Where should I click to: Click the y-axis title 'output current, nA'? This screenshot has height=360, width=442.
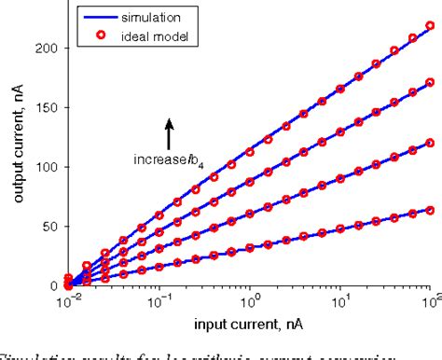[16, 153]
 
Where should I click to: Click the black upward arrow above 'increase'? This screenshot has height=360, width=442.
[169, 134]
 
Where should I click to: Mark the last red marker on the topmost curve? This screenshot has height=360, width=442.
[430, 26]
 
